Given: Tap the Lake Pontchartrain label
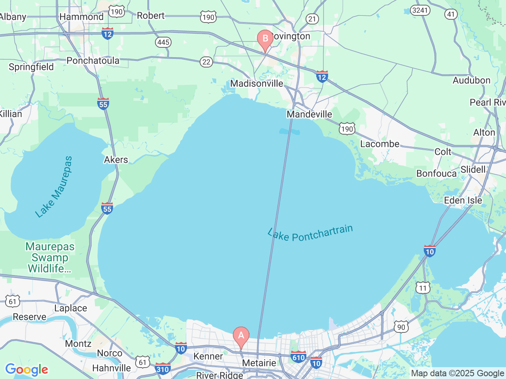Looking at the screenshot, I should pos(310,233).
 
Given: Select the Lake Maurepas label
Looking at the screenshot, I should pos(54,187).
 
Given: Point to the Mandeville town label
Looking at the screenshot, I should pos(309,114).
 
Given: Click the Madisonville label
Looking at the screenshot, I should pos(257,83).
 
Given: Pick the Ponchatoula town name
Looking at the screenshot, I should pos(93,60).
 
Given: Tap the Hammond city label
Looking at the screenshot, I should pos(81,17).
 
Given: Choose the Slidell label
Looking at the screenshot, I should pos(473,169).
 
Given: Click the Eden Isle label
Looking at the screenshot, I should pos(463,200).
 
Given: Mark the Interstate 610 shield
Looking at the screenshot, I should pos(298,356).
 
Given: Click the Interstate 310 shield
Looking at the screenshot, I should pos(162,369).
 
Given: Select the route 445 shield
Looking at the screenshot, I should pos(163,42).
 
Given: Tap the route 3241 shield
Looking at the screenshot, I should pos(420,10).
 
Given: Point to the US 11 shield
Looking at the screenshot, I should pos(423,288).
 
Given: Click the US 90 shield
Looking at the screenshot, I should pos(401,327).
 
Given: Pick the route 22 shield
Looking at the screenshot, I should pos(206,62).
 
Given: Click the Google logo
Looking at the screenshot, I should pos(26,370).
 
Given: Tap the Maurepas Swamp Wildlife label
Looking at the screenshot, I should pos(50,257).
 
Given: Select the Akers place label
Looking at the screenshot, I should pos(116,159).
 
